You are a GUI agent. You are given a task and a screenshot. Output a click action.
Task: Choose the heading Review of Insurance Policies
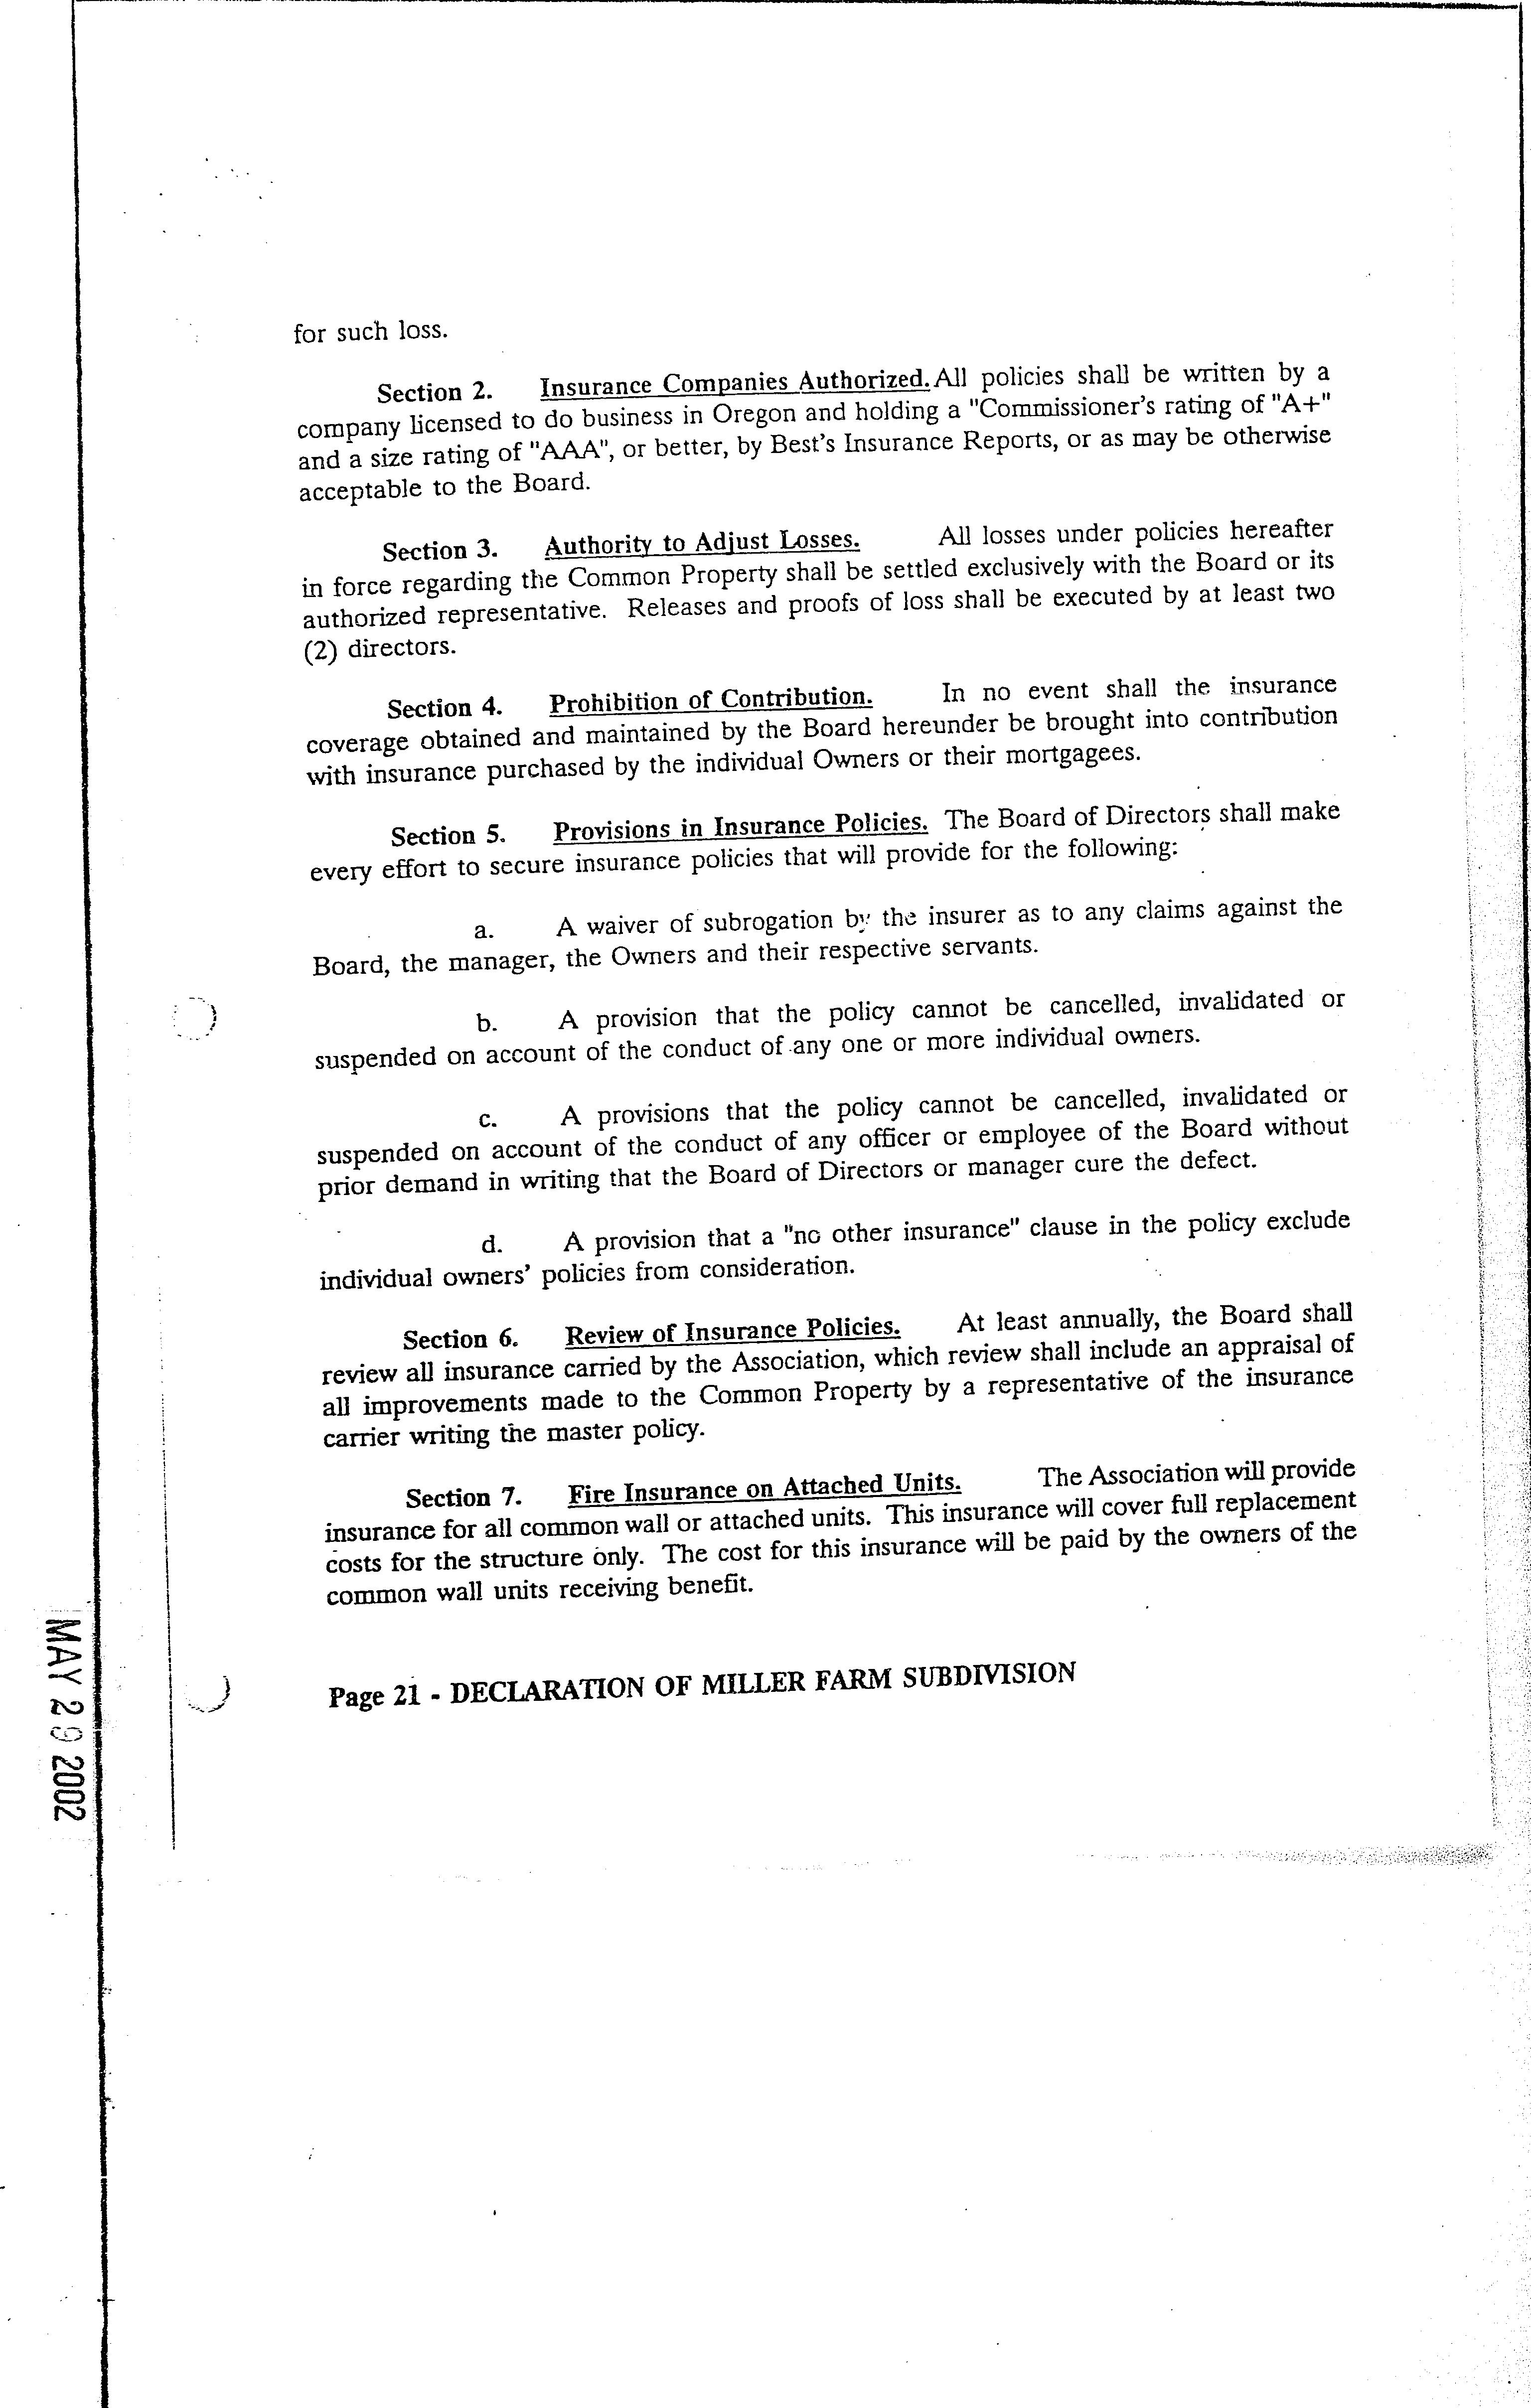pos(733,1331)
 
